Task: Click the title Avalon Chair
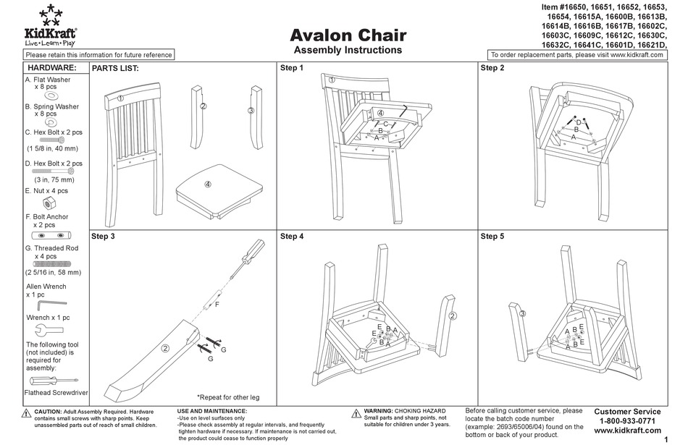tap(348, 35)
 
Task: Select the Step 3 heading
tap(103, 236)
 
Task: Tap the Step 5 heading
tap(492, 236)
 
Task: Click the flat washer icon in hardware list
tap(51, 96)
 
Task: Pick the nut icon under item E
tap(46, 202)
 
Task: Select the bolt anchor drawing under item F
tap(51, 236)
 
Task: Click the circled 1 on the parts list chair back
tap(121, 98)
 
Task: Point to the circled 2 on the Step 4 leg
tap(453, 316)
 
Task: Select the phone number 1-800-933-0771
tap(627, 420)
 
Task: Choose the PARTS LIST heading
tap(114, 68)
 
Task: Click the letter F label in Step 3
tap(216, 305)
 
